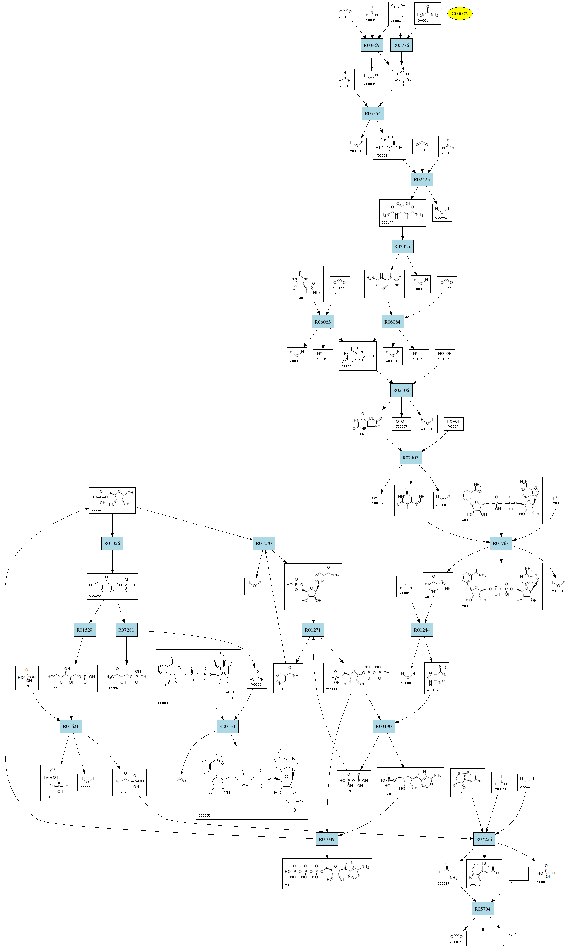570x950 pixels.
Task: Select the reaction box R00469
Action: click(371, 45)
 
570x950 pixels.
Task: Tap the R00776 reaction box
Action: click(401, 45)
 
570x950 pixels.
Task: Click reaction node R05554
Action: click(372, 114)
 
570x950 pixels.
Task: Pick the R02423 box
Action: click(422, 180)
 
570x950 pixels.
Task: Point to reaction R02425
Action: click(402, 246)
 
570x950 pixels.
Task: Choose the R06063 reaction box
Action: click(323, 322)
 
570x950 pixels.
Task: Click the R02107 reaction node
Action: click(410, 458)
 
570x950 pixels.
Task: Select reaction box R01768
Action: click(501, 544)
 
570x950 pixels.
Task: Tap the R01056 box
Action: click(112, 544)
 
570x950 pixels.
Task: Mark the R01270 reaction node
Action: click(264, 544)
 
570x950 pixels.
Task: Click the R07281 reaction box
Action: click(126, 630)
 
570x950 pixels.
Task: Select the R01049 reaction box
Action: click(327, 839)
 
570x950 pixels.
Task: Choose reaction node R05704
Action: click(483, 909)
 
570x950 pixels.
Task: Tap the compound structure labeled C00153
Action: click(288, 678)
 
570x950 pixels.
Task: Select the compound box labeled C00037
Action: click(447, 874)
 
